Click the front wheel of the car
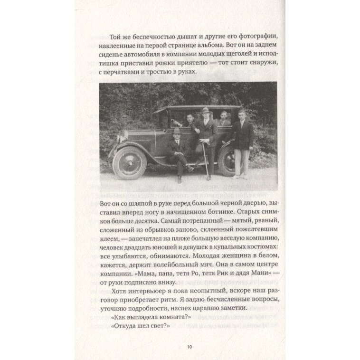pos(129,162)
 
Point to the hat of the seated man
pos(177,131)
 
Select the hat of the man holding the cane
pos(206,111)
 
